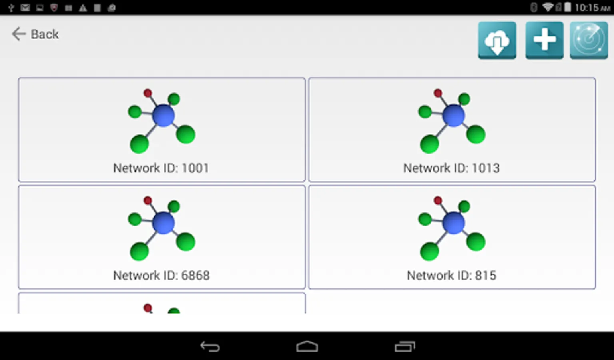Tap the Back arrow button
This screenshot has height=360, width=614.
[35, 34]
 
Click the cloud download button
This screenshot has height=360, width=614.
[497, 40]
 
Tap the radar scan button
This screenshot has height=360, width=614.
[589, 40]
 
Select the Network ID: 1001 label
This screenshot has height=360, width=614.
[161, 168]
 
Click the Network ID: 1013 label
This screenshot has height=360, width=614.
[451, 168]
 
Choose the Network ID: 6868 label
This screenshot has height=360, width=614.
[161, 275]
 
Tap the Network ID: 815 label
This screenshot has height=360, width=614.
[451, 275]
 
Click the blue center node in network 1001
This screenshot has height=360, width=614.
[163, 116]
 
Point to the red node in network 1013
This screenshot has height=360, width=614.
[438, 93]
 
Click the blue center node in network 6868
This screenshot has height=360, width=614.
[163, 223]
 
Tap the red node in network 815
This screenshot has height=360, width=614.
[438, 200]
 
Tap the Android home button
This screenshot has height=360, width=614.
[307, 346]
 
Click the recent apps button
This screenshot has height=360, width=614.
[405, 346]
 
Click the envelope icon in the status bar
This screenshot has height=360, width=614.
[25, 8]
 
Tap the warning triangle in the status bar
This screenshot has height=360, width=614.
[83, 8]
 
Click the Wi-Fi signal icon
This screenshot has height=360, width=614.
[548, 7]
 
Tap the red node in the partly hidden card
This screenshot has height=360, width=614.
[148, 308]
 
